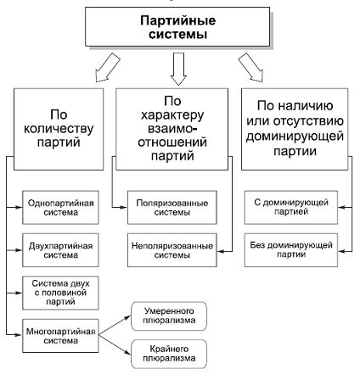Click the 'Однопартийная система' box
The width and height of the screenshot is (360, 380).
(59, 210)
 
